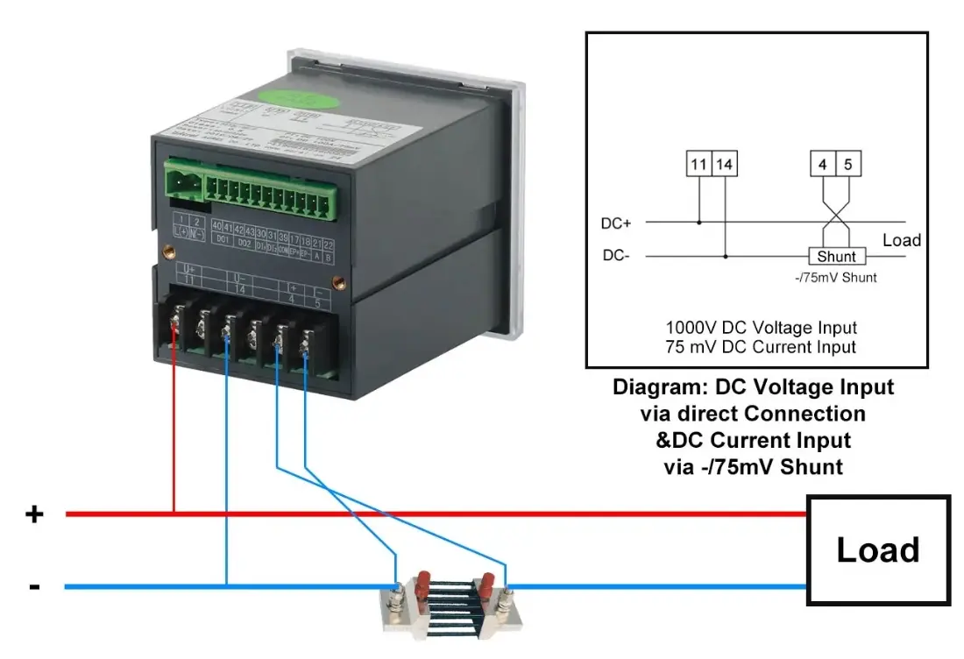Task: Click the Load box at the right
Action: click(878, 550)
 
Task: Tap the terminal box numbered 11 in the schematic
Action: click(698, 164)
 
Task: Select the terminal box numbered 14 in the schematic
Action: click(725, 164)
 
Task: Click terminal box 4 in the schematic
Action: click(823, 164)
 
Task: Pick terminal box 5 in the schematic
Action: click(847, 164)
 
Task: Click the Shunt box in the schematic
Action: click(836, 257)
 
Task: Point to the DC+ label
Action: click(616, 223)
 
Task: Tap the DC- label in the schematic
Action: click(615, 257)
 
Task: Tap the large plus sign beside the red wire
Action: click(33, 514)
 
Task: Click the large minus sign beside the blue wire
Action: click(34, 585)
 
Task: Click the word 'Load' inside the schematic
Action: click(901, 240)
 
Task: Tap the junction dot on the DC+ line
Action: click(698, 223)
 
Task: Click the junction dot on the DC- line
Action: click(726, 257)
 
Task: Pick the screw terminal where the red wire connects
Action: click(175, 327)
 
